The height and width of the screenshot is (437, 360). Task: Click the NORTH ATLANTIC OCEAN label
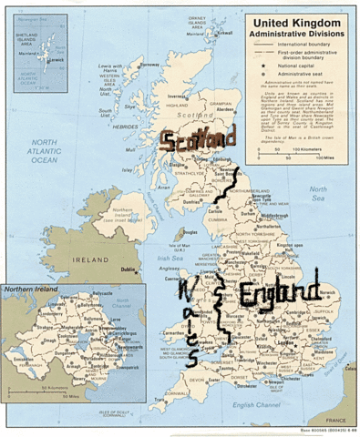click(x=46, y=151)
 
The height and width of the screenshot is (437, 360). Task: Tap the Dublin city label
click(x=129, y=269)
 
